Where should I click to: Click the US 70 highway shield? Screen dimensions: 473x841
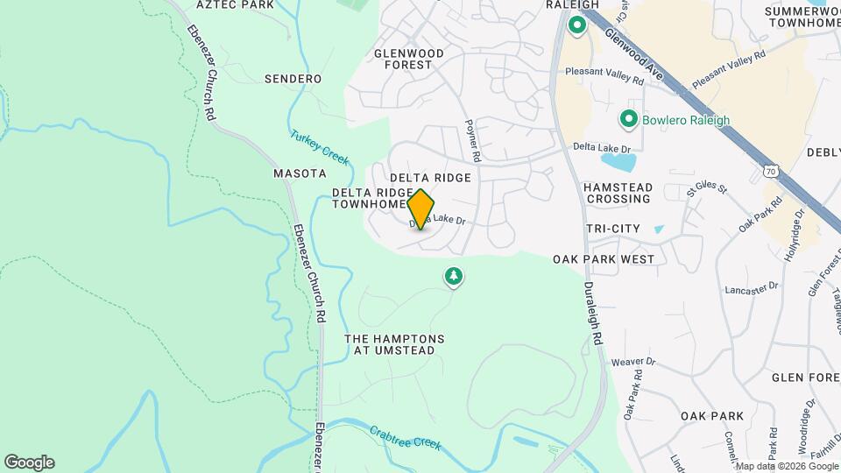tap(770, 172)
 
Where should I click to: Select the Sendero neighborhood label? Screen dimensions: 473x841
tap(293, 79)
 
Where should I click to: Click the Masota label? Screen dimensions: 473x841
tap(300, 173)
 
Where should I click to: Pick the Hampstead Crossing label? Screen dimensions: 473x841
tap(618, 193)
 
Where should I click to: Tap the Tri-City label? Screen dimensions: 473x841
tap(613, 229)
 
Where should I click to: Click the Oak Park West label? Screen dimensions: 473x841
tap(604, 259)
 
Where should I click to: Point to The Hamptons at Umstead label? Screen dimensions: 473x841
tap(394, 344)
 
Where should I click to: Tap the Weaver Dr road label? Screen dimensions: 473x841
tap(633, 362)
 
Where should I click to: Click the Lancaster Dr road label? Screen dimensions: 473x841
tap(751, 287)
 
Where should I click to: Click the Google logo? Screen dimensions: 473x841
tap(29, 462)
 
